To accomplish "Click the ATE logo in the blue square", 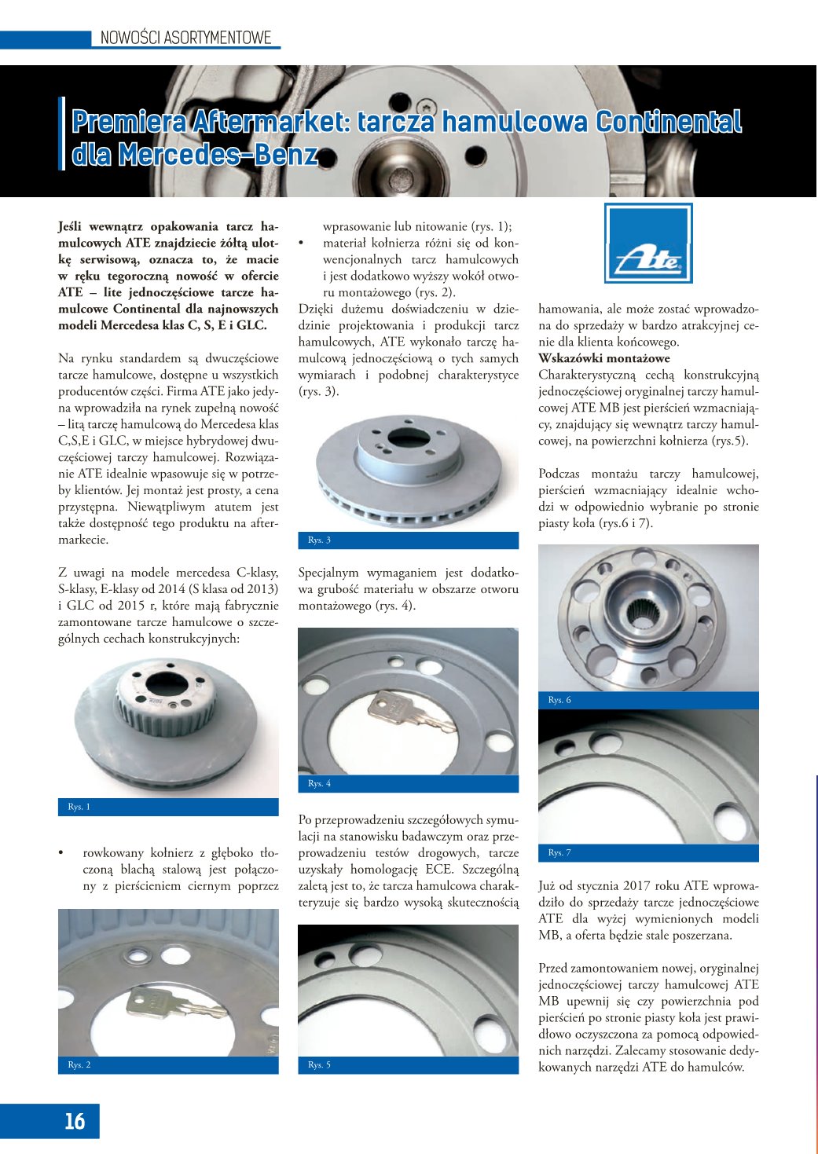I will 648,244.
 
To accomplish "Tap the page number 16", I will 75,1121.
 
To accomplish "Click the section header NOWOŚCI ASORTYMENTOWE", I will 185,38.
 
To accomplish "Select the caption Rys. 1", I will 79,807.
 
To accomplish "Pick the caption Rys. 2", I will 79,1064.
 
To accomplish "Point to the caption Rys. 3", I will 319,540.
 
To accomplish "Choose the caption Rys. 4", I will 319,783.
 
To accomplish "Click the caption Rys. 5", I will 319,1064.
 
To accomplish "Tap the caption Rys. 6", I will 559,700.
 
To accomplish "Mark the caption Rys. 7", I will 559,852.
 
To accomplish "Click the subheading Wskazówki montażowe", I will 604,358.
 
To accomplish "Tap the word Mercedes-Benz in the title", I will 218,155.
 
